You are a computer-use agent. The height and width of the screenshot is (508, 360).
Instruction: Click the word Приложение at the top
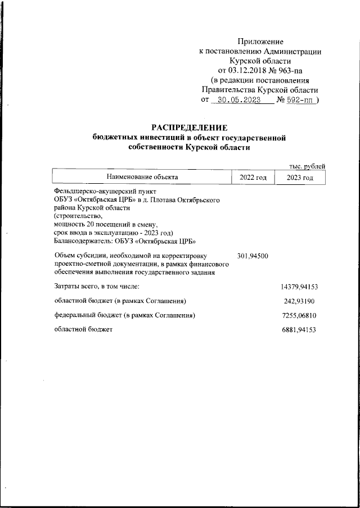[260, 42]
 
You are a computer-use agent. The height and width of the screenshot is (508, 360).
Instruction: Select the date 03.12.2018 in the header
[246, 70]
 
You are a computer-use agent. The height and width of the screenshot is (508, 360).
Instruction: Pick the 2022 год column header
[253, 177]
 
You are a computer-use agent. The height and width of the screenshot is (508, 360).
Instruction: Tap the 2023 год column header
[299, 177]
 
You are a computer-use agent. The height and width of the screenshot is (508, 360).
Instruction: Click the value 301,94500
[253, 256]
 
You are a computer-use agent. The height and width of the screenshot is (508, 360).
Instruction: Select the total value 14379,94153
[299, 287]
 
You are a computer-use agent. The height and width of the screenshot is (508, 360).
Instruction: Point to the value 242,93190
[301, 301]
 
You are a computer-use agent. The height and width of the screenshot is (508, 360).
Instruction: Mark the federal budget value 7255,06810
[300, 316]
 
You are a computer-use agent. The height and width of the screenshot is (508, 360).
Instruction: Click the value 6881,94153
[300, 330]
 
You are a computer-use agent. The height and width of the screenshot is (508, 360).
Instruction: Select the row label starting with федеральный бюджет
[124, 316]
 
